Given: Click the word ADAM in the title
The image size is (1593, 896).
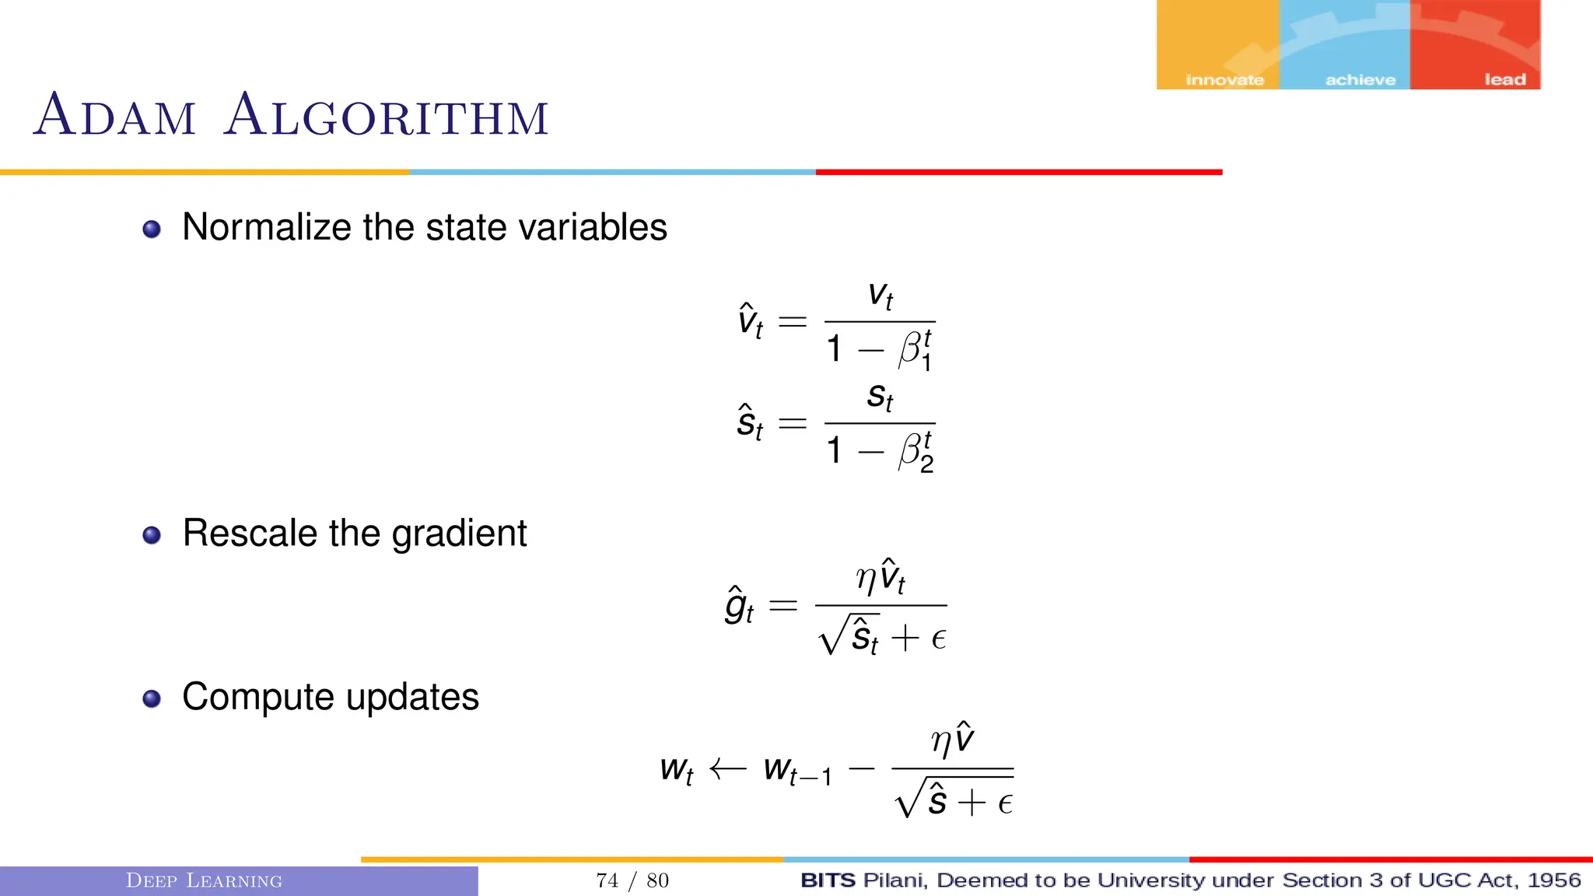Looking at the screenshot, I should point(114,116).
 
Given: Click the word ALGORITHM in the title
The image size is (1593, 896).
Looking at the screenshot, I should point(386,116).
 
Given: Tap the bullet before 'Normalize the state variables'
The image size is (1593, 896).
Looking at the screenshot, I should point(152,229).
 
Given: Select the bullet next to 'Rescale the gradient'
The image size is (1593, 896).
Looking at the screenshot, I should point(152,535).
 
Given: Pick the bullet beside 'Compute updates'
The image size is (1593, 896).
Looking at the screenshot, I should point(152,698).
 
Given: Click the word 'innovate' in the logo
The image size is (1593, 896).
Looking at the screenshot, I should point(1224,79).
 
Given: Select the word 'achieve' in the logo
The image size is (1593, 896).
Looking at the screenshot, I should point(1360,79).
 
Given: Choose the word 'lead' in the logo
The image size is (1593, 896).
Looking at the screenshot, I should point(1504,79).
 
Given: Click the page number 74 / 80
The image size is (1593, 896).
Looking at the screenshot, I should point(632,880).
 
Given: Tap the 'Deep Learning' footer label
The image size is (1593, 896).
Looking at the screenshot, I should point(204,880).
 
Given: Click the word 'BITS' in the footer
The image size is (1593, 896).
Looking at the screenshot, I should point(828,880).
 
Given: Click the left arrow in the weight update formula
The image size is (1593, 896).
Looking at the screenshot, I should point(727,769).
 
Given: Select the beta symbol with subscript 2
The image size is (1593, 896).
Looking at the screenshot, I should point(915,452).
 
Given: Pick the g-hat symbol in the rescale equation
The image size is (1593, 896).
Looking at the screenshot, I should point(738,607).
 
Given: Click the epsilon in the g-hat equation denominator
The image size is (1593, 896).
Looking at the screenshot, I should point(938,639).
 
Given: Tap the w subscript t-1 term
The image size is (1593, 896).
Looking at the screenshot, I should point(797,771).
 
